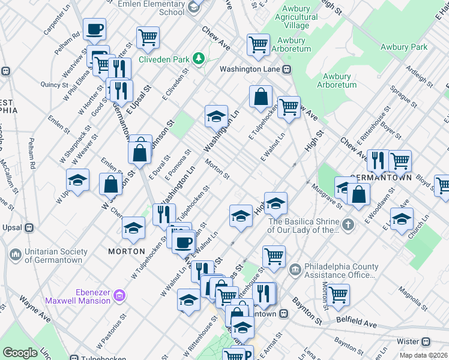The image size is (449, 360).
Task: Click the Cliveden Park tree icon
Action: click(197, 59)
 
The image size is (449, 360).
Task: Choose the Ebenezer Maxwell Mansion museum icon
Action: click(119, 295)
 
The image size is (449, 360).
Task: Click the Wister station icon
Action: click(426, 341)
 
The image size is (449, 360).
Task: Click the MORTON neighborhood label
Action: click(126, 251)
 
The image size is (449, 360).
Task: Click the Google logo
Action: click(20, 353)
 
